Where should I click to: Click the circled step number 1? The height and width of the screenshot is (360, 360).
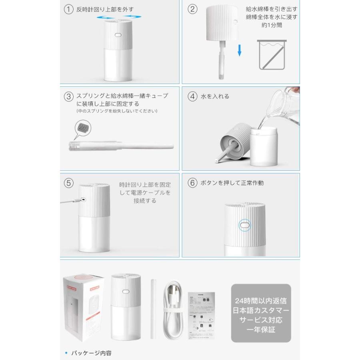tap(69, 10)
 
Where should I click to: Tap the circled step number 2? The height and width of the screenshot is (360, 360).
tap(193, 10)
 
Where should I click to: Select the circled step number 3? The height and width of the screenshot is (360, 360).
tap(69, 96)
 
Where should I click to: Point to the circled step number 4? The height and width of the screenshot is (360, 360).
tap(193, 96)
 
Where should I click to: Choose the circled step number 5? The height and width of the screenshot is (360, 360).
tap(69, 183)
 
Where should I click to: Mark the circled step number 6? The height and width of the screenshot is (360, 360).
tap(193, 183)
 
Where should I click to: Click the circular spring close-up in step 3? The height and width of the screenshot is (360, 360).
tap(83, 129)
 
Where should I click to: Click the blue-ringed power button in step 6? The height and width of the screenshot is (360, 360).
tap(244, 226)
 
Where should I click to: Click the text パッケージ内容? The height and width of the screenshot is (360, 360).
tap(91, 353)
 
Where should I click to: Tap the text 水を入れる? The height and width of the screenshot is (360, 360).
tap(215, 96)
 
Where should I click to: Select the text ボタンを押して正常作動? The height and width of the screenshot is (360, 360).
tap(232, 183)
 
